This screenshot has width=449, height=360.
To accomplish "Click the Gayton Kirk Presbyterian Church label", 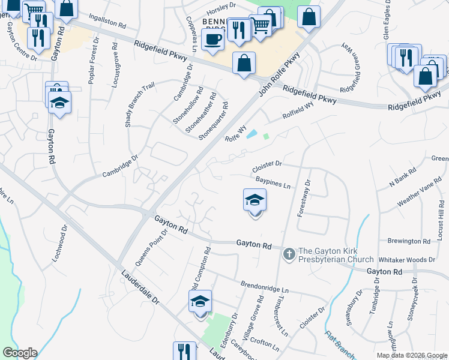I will coord(336,255).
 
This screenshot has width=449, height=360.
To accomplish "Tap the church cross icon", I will coord(289,254).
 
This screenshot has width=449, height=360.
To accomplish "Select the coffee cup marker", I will coord(212,40).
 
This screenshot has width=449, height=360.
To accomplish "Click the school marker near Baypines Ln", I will coord(255,200).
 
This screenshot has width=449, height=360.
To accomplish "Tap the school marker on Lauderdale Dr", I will coord(200,301).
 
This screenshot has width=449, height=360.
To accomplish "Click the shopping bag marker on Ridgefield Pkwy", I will coord(244,63).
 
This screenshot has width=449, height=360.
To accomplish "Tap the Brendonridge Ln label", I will coord(265,283).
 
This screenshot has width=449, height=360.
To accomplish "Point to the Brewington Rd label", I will coord(409,241).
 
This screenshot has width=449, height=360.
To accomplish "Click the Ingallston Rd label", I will coord(107,22).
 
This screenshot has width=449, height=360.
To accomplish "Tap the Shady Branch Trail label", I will coord(139,104).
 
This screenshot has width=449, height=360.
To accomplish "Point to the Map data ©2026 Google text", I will coord(412,355).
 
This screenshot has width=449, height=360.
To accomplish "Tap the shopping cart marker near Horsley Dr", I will coord(260,26).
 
